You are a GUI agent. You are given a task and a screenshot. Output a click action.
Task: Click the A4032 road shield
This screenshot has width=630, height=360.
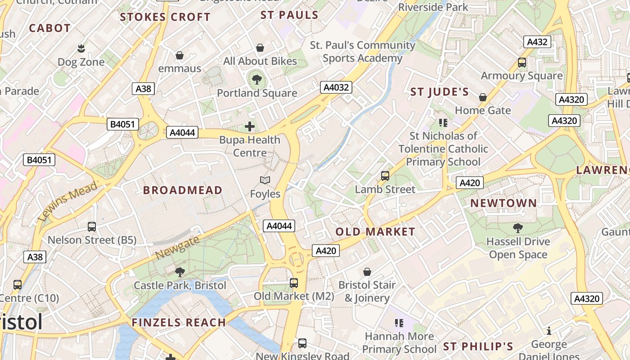point(336,87)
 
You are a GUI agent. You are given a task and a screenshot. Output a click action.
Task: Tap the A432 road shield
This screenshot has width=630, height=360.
point(537,42)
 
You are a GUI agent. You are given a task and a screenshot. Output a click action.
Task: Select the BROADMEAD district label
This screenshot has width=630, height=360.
point(183,190)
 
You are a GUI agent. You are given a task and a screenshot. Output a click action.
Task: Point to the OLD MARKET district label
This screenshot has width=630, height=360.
point(375,232)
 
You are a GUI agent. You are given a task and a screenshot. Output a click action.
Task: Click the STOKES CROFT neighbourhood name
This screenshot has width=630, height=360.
point(165,18)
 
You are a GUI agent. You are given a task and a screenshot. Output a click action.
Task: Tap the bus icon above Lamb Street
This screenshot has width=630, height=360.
point(385,176)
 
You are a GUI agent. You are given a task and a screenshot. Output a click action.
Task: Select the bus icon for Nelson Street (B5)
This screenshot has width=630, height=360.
point(92,227)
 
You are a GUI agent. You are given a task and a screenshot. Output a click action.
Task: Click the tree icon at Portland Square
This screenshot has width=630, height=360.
point(256,80)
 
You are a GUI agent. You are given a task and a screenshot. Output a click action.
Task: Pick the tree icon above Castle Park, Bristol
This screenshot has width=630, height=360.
point(180,272)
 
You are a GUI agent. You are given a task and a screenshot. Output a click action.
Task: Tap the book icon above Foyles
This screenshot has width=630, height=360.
point(265,180)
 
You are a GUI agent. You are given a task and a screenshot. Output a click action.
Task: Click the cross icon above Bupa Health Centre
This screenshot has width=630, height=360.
point(250,126)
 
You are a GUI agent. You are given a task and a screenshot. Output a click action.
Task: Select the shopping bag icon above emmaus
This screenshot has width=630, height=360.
point(180,55)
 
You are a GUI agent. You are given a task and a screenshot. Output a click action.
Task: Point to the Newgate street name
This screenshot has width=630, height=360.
point(177,248)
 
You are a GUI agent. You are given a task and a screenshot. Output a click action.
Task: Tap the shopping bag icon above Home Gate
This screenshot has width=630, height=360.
point(483,97)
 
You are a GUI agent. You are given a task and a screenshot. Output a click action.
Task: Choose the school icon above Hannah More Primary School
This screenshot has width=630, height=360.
point(399,323)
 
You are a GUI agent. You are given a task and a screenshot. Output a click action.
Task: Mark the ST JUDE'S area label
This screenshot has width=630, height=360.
point(440,92)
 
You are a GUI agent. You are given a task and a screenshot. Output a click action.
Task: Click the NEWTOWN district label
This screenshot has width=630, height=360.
point(504,203)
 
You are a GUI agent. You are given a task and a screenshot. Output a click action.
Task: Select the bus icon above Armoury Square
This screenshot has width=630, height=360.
point(522,63)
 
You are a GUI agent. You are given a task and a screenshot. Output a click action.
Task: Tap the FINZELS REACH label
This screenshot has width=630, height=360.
point(179,323)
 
